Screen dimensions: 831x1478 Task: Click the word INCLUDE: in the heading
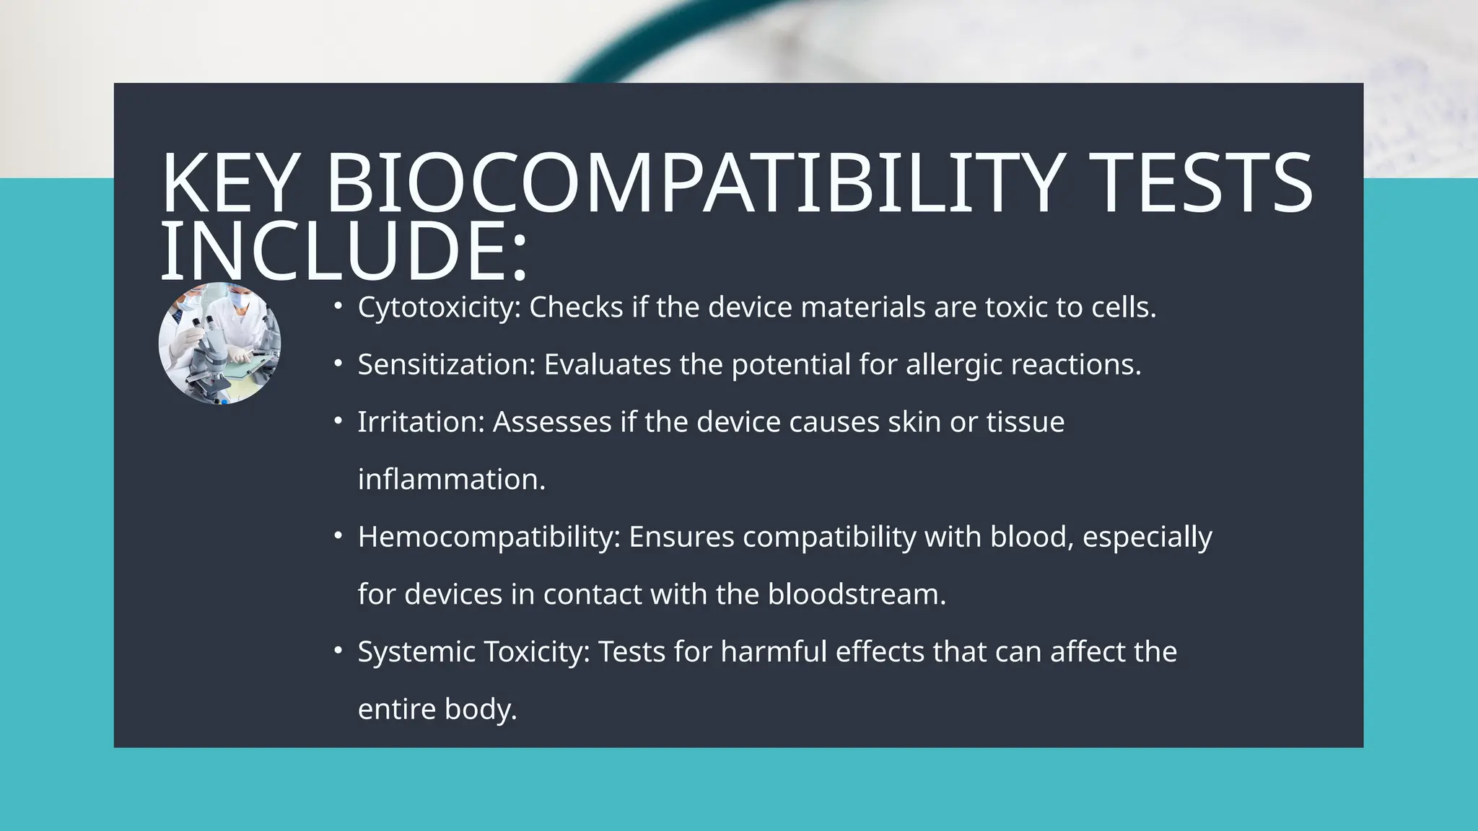tap(344, 251)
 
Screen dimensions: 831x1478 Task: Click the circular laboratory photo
tap(220, 343)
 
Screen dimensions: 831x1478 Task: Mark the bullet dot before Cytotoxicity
tap(338, 307)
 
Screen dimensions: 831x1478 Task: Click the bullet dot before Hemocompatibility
tap(338, 536)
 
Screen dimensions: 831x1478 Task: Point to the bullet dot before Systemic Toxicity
tap(338, 651)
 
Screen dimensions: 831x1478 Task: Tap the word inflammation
tap(451, 480)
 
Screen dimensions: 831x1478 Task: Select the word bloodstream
tap(856, 594)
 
